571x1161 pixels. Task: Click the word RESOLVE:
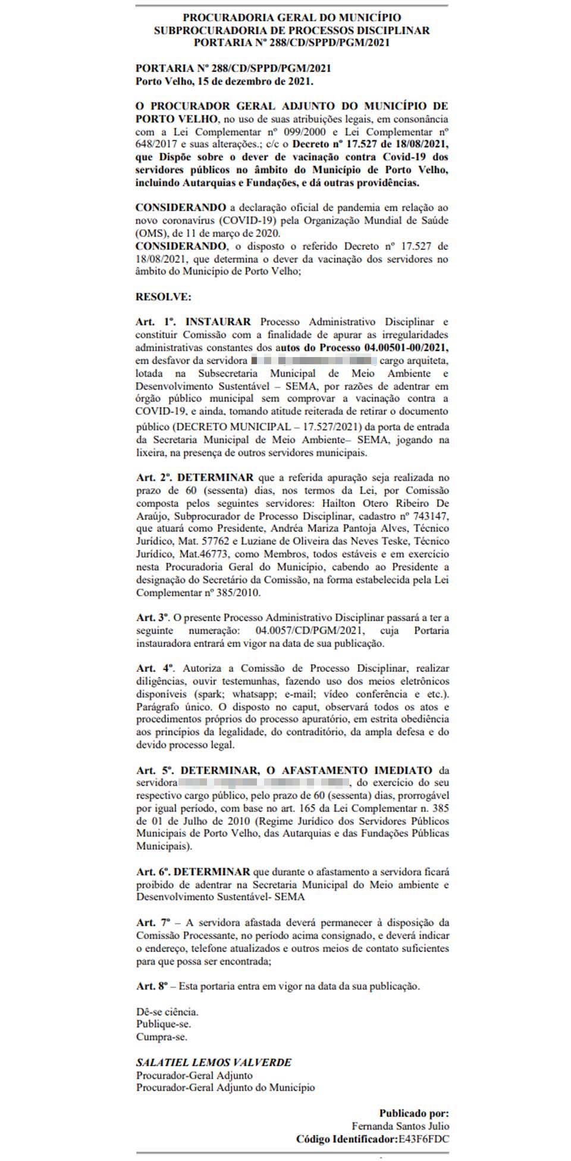[x=164, y=296]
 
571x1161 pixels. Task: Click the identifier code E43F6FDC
[x=423, y=1139]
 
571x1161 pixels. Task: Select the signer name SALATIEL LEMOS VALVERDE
[x=214, y=1062]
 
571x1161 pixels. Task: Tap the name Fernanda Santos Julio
[x=400, y=1126]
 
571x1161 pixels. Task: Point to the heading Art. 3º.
[x=153, y=618]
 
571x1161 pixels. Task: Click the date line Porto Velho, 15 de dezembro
[x=224, y=82]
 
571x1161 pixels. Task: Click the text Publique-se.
[x=164, y=1024]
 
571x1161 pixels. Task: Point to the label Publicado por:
[x=414, y=1113]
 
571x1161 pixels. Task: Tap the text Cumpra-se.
[x=162, y=1037]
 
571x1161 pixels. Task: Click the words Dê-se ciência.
[x=167, y=1012]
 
